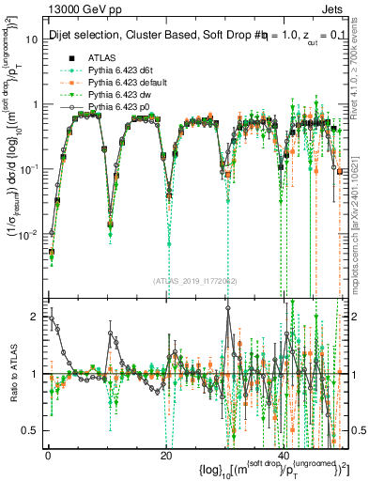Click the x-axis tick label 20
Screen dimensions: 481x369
166,456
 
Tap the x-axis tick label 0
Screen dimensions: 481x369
47,456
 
